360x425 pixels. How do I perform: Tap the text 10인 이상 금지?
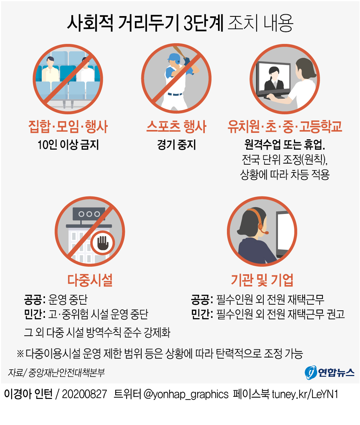point(68,145)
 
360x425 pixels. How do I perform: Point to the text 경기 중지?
point(176,145)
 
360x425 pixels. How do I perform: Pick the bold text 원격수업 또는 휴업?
point(285,145)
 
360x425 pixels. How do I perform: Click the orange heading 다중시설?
point(90,280)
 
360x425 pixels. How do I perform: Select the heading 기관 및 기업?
point(262,280)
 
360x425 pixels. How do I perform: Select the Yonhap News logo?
point(330,372)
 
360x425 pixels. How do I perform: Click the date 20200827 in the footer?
point(84,394)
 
